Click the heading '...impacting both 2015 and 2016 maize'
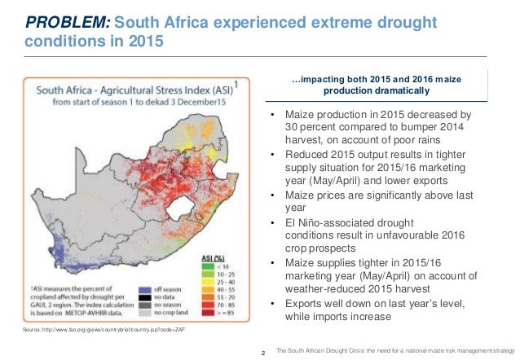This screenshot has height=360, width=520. pyautogui.click(x=375, y=79)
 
